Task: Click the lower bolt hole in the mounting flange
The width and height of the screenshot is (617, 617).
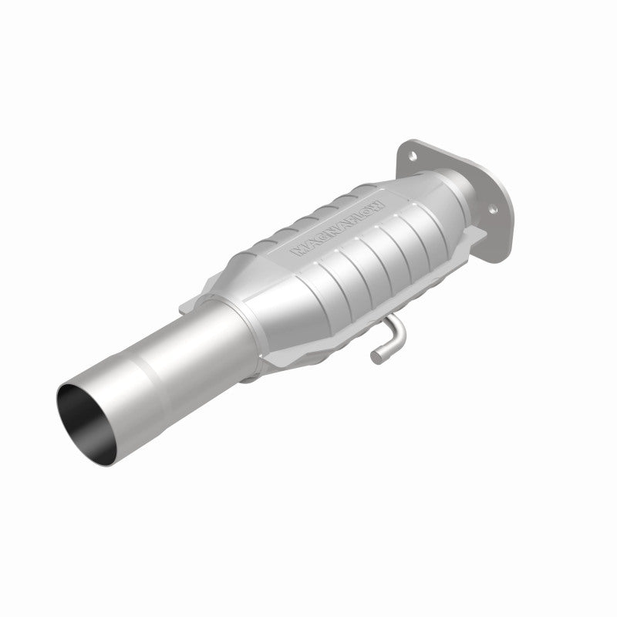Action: [x=491, y=209]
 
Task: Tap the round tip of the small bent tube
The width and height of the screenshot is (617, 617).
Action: [x=376, y=356]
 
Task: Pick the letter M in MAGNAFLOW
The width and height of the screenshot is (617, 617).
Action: [x=297, y=251]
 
